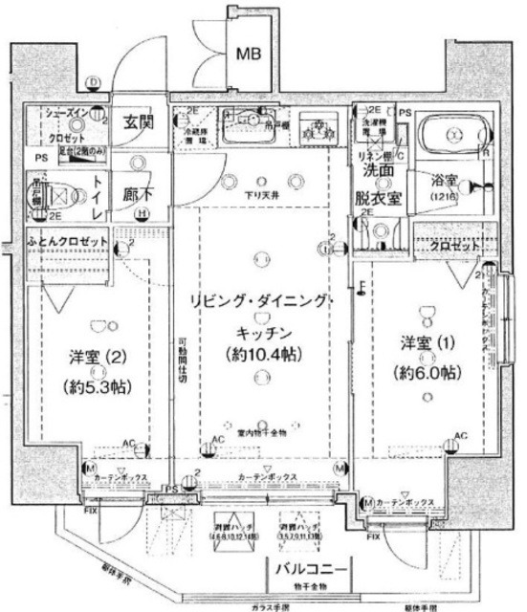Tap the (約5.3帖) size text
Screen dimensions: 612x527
point(96,388)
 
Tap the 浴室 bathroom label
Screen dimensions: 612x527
point(443,179)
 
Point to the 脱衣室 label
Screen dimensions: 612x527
point(376,200)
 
